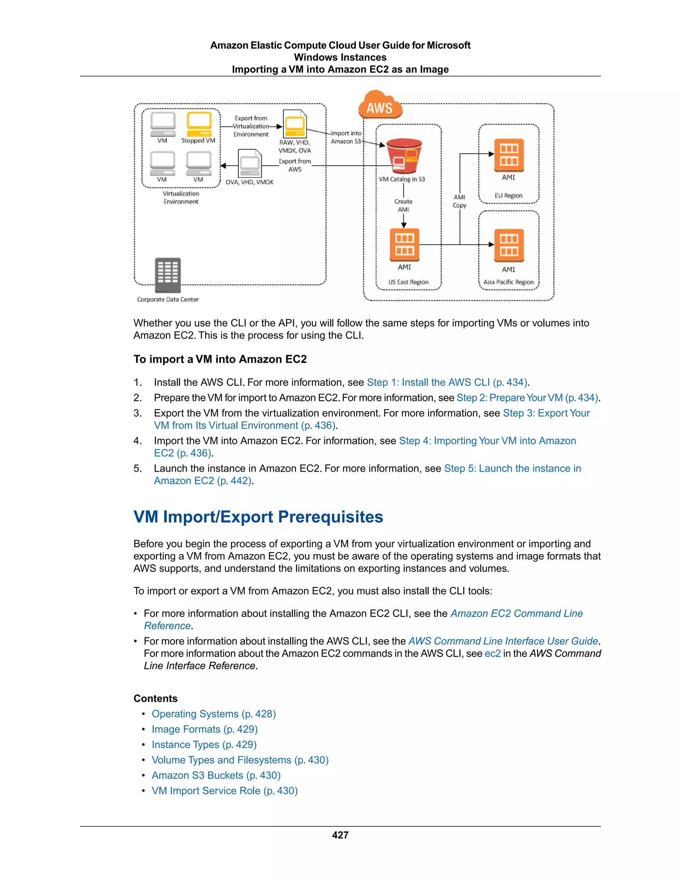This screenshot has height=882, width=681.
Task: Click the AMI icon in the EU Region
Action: click(509, 155)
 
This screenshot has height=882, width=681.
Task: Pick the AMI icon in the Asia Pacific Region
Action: click(509, 245)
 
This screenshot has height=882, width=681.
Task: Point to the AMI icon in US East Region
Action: click(404, 245)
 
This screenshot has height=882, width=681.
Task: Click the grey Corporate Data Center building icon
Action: click(168, 275)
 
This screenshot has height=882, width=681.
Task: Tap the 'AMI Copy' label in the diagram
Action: click(460, 201)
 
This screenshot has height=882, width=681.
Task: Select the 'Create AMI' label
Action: click(403, 205)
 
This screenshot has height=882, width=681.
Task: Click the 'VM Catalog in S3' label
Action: click(402, 179)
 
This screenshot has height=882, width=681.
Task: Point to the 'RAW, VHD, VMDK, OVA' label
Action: click(295, 146)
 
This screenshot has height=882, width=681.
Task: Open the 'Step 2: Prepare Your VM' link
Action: click(527, 398)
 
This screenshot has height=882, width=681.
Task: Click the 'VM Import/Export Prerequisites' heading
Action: click(258, 517)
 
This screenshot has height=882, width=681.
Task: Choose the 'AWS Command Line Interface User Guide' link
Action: click(503, 641)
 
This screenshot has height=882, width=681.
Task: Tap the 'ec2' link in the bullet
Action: click(492, 653)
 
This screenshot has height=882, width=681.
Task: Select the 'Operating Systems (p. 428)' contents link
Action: click(214, 714)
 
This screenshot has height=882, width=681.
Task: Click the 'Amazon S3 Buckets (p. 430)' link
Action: click(216, 775)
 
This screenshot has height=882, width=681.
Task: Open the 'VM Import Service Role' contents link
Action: click(225, 791)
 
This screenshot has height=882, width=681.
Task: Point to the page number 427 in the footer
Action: click(340, 835)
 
